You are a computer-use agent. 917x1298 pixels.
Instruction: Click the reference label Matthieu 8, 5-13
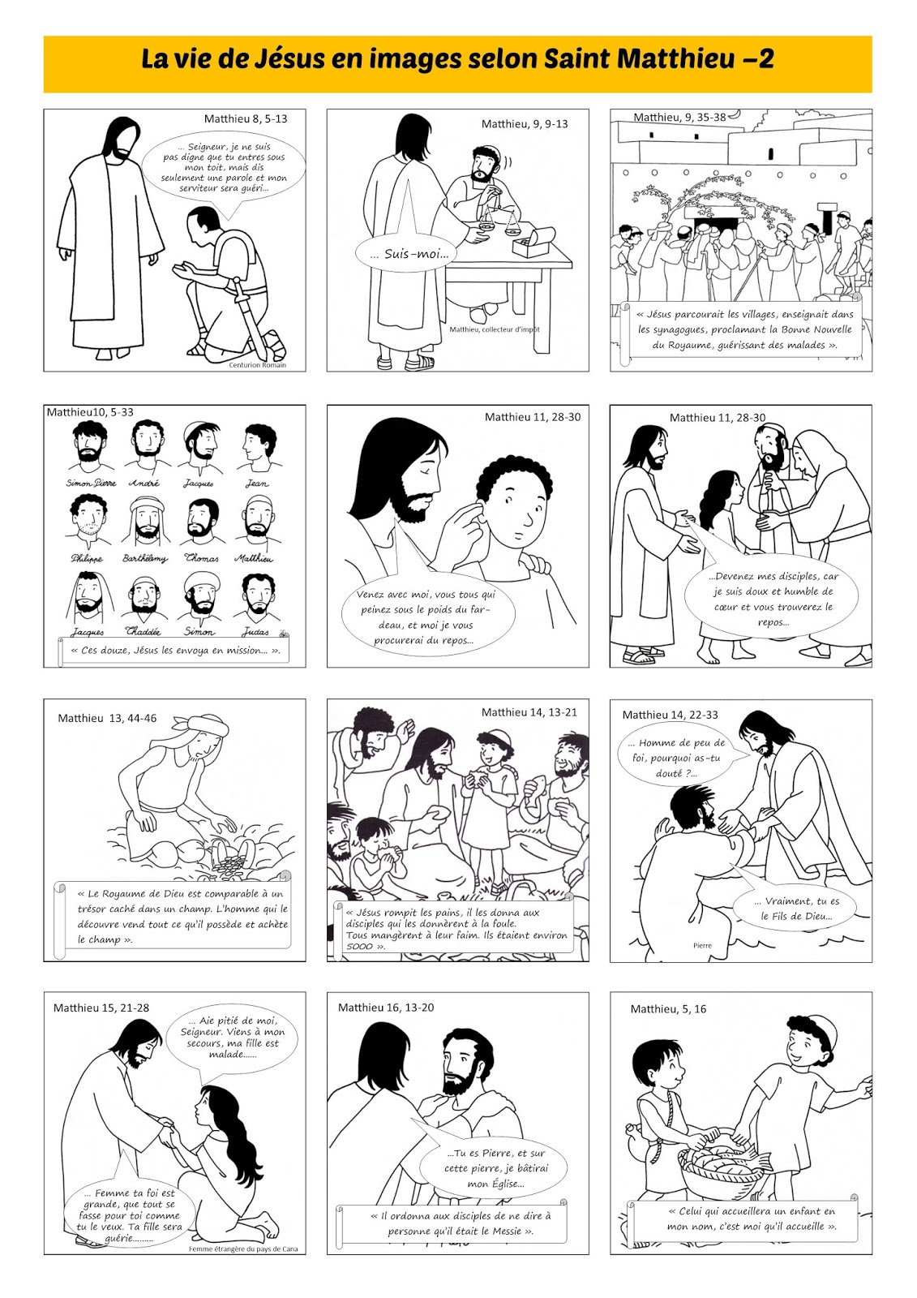tap(246, 118)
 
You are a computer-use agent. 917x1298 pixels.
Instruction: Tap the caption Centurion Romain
tap(257, 365)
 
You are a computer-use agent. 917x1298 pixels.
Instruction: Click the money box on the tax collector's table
tap(533, 241)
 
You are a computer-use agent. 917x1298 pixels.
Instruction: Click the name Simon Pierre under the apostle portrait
tap(91, 483)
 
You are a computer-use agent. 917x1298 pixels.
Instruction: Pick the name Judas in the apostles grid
tap(255, 632)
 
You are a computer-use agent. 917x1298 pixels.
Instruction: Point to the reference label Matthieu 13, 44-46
tap(107, 718)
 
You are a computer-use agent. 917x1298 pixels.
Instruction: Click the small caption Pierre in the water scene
tap(702, 945)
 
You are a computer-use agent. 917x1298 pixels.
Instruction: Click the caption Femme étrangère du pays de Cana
tap(243, 1249)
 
